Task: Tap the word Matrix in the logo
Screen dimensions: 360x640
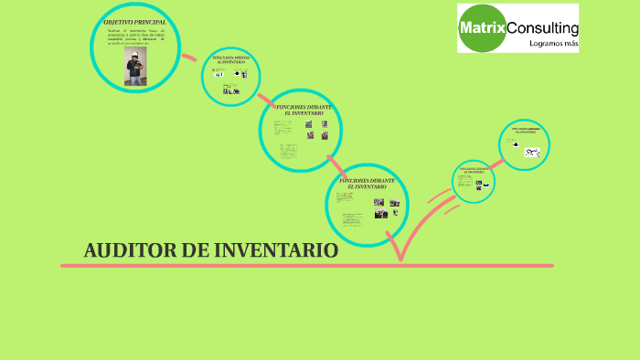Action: coord(482,28)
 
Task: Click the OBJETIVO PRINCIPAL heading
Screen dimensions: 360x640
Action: coord(134,20)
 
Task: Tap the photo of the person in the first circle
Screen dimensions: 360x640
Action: coord(133,67)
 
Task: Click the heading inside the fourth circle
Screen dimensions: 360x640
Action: coord(367,184)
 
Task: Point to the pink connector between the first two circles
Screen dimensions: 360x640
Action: coord(189,58)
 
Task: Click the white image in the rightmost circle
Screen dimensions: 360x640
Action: coord(532,152)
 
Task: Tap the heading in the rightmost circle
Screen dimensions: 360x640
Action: coord(525,131)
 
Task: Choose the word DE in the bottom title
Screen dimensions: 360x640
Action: coord(193,250)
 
